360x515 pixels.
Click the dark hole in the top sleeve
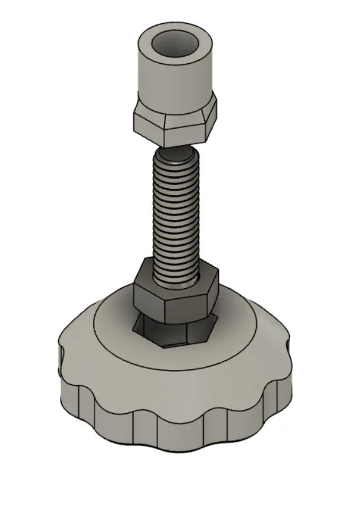[x=175, y=46]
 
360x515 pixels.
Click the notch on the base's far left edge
[x=61, y=357]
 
